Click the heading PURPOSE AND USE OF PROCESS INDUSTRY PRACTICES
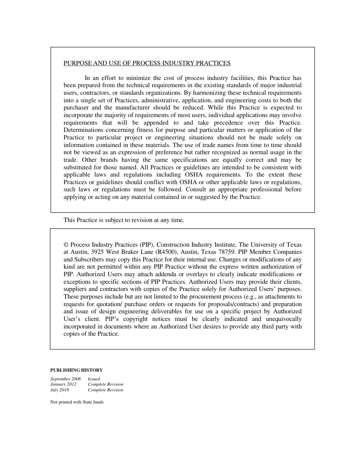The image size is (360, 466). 147,63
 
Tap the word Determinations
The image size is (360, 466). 83,130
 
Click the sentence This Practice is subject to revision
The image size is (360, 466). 124,220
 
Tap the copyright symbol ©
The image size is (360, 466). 66,245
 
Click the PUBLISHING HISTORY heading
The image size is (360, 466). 76,370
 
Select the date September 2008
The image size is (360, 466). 66,379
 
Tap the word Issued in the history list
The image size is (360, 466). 94,379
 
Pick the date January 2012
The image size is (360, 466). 63,384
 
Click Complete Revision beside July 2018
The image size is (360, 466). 105,390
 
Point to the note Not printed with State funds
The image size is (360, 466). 77,402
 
